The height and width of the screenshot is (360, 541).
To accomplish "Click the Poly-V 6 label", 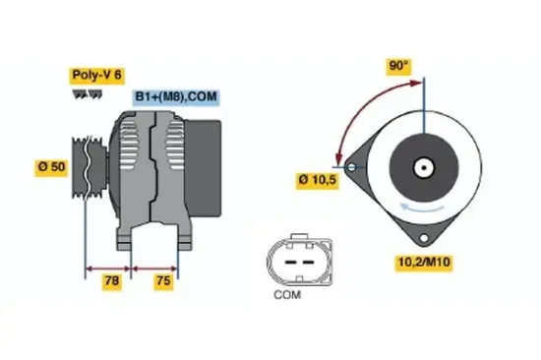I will pyautogui.click(x=96, y=75).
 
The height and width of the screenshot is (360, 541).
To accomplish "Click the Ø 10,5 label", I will pyautogui.click(x=317, y=180).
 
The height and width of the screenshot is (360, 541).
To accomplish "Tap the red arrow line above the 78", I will pyautogui.click(x=110, y=266).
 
